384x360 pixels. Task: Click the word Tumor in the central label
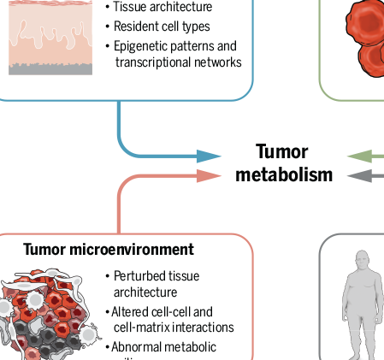282,152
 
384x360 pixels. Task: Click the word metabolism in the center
284,175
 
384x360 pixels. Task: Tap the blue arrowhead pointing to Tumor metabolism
209,156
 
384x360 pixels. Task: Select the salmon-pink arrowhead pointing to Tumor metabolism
209,175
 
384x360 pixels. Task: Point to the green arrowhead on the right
358,156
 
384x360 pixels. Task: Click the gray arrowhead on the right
358,176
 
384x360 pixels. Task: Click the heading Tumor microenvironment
109,250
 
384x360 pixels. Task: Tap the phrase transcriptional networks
179,62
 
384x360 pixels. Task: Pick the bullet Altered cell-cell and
162,311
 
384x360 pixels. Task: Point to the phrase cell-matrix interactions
174,327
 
